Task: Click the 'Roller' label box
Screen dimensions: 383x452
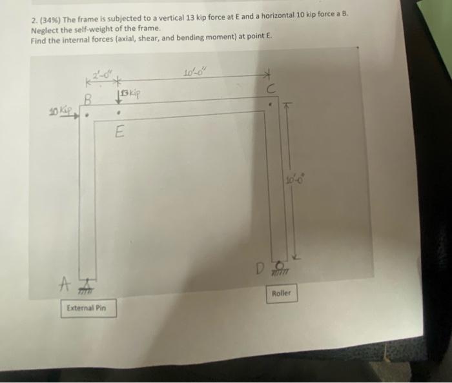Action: point(282,293)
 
